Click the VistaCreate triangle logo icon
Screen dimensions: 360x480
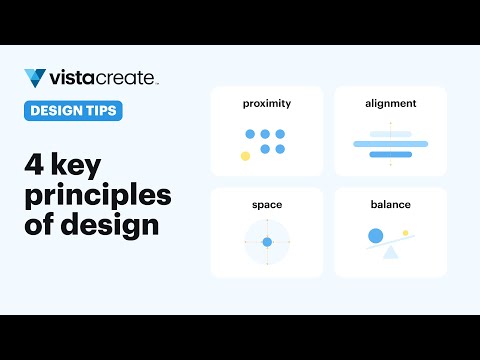click(x=34, y=78)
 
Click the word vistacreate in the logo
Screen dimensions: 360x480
click(x=103, y=78)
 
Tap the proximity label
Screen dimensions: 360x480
click(x=267, y=103)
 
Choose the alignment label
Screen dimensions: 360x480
click(x=390, y=103)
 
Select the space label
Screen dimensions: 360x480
click(x=267, y=205)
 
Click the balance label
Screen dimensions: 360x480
click(x=390, y=205)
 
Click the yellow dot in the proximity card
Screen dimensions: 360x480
click(x=245, y=156)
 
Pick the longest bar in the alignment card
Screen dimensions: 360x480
click(x=390, y=144)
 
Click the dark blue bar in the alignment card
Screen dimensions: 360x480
click(x=390, y=155)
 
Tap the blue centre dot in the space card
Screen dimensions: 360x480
click(x=267, y=242)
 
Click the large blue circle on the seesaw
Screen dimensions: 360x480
click(x=376, y=236)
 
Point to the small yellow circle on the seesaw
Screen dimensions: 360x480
click(x=405, y=233)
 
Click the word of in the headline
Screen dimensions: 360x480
click(x=39, y=224)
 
